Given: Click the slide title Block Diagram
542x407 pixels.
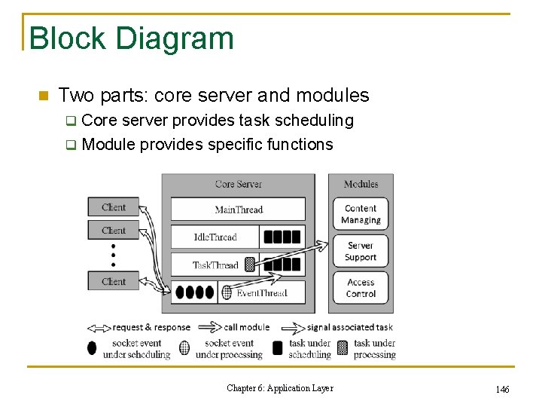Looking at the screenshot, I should pyautogui.click(x=131, y=38).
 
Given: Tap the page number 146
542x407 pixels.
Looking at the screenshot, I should pyautogui.click(x=503, y=389).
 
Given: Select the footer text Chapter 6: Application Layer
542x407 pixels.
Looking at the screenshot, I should pyautogui.click(x=279, y=388).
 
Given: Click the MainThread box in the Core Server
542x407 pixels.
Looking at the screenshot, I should pyautogui.click(x=238, y=209).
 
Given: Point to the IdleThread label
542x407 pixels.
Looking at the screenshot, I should pyautogui.click(x=215, y=237).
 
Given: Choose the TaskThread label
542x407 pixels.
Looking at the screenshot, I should pyautogui.click(x=215, y=265).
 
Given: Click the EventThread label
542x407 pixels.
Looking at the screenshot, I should pyautogui.click(x=261, y=292).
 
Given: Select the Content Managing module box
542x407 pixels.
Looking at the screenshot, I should pyautogui.click(x=361, y=214).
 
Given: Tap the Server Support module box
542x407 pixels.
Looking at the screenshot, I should pyautogui.click(x=361, y=251).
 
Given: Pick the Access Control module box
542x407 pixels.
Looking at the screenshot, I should pyautogui.click(x=361, y=288).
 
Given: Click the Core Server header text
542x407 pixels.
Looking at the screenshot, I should pyautogui.click(x=238, y=184).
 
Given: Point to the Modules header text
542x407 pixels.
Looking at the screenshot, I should pyautogui.click(x=361, y=184).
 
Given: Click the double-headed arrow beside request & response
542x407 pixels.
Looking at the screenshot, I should pyautogui.click(x=99, y=327).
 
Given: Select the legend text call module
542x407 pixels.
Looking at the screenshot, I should pyautogui.click(x=247, y=327).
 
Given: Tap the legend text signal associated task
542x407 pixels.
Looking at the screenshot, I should pyautogui.click(x=350, y=327).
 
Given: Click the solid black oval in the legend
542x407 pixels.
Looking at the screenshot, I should pyautogui.click(x=92, y=348).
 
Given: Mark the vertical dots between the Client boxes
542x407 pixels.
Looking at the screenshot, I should pyautogui.click(x=114, y=256).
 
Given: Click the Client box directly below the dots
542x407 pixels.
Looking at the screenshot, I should pyautogui.click(x=114, y=281).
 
